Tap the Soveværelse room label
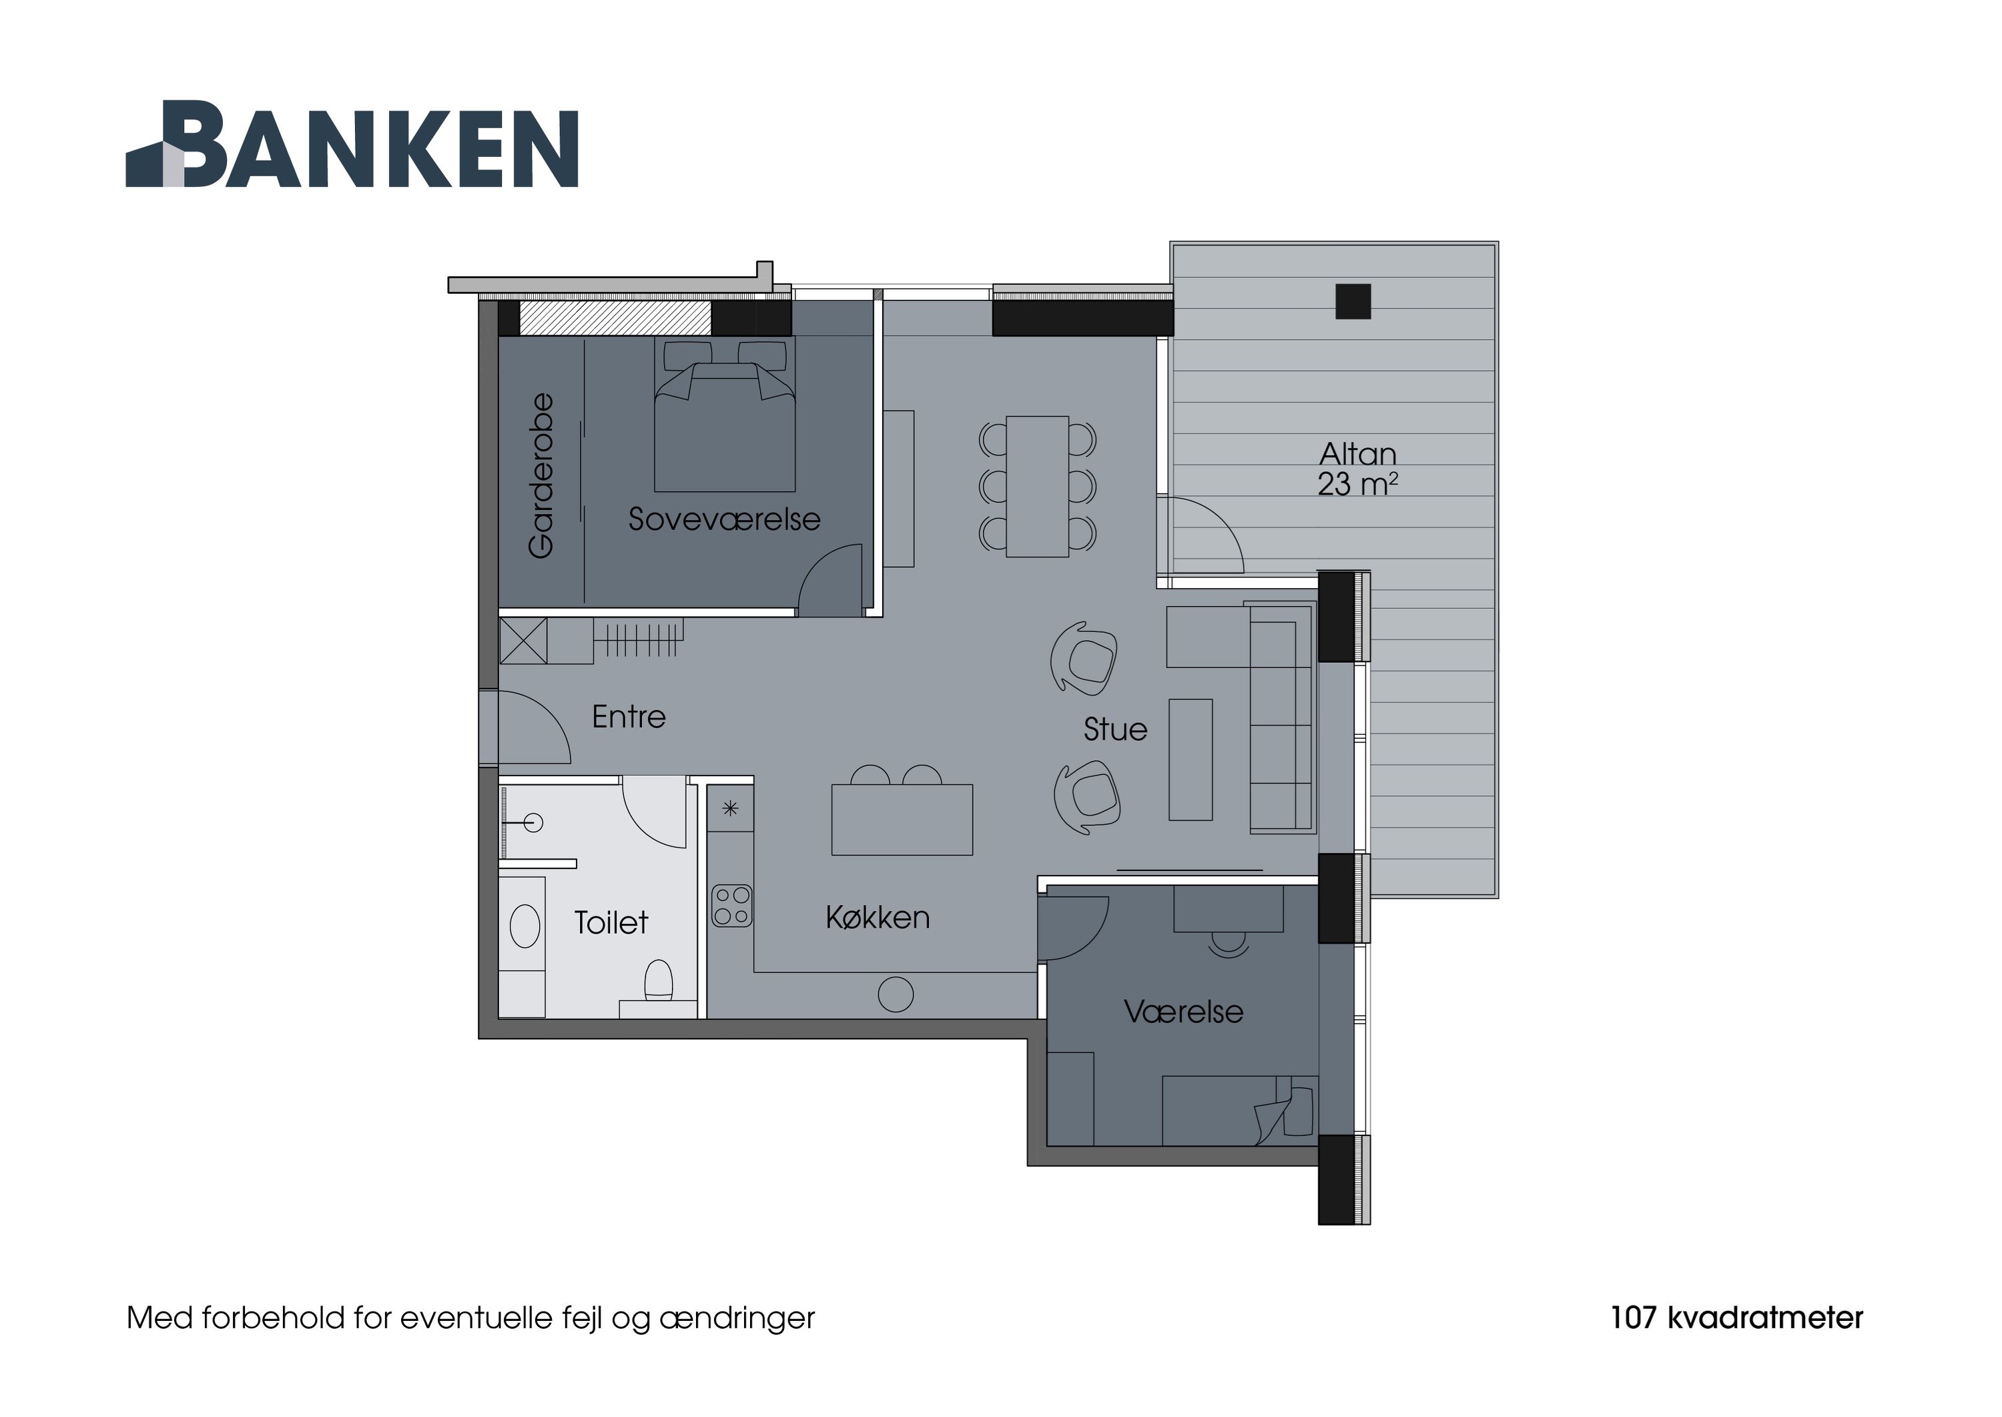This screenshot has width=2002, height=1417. [x=724, y=520]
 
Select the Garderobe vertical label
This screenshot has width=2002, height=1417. [x=541, y=475]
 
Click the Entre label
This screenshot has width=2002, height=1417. [x=628, y=718]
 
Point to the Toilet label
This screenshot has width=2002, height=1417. [x=611, y=923]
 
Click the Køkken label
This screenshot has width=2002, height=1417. [x=878, y=918]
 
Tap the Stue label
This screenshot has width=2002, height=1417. [x=1115, y=730]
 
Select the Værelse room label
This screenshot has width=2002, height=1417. [x=1183, y=1012]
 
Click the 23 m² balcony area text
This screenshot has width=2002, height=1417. [x=1357, y=485]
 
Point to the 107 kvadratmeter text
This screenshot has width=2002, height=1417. [x=1736, y=1318]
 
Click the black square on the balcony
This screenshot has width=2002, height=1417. [x=1353, y=302]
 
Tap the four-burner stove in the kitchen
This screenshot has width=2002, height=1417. [x=731, y=906]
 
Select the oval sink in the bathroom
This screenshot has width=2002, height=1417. [x=525, y=926]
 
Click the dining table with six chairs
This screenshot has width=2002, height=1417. [x=1037, y=486]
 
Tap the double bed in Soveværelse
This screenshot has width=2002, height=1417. [x=725, y=428]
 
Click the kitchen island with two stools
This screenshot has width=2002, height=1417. [x=902, y=820]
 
